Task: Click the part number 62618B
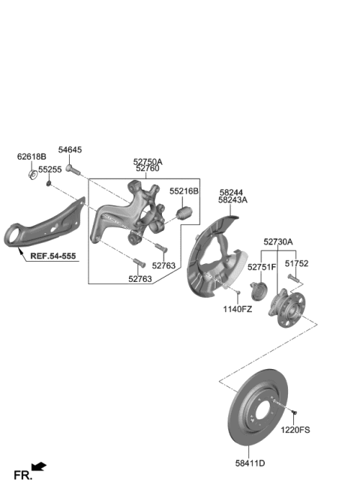coord(31,157)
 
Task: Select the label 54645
coord(70,151)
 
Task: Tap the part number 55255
coord(51,170)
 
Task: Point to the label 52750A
coord(148,161)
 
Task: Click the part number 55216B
coord(184,191)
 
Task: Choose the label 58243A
coord(233,200)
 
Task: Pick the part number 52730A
coord(278,242)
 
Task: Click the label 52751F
coord(262,266)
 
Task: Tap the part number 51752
coord(296,264)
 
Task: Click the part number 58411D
coord(250,463)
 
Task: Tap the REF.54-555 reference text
coord(53,256)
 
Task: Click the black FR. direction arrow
coord(39,467)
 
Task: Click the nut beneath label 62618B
coord(32,175)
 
